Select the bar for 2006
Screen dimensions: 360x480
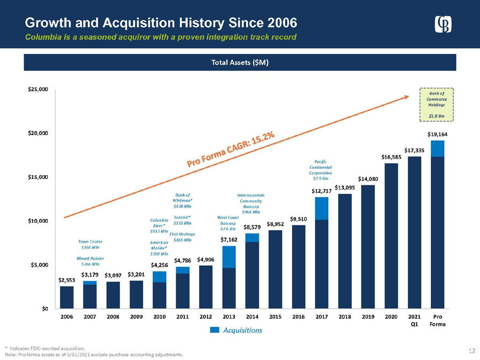pos(67,298)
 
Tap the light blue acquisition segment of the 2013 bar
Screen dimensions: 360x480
pos(229,256)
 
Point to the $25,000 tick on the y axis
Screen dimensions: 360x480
pos(38,90)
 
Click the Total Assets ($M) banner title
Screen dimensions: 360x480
pos(240,62)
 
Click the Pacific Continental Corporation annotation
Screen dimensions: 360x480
pos(320,169)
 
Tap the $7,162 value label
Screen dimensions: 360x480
pos(229,240)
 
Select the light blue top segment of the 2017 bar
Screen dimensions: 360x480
pos(321,208)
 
